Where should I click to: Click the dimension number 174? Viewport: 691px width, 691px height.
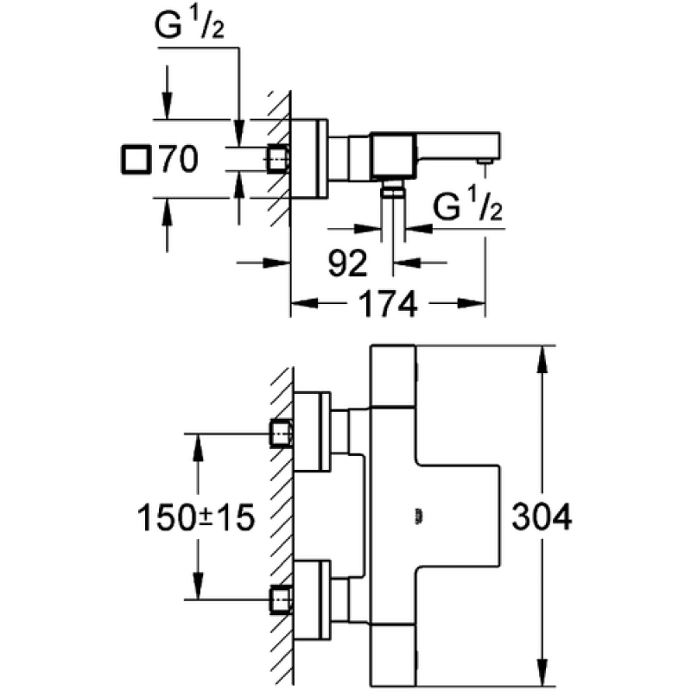[388, 304]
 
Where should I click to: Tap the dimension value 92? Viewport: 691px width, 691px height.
[348, 263]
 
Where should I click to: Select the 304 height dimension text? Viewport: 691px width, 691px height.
[542, 516]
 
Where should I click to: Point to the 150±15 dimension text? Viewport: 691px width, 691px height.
[196, 517]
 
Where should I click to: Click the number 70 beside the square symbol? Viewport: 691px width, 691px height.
[179, 159]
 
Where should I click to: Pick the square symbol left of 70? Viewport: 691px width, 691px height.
[136, 160]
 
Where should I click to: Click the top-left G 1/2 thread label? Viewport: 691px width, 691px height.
[189, 25]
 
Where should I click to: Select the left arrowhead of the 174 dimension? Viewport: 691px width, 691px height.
[304, 303]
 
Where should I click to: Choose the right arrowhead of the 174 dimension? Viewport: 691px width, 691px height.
[471, 303]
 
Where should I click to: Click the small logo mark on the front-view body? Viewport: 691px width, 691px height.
[418, 517]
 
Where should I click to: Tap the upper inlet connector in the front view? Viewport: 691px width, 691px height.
[281, 434]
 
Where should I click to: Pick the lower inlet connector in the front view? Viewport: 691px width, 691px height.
[281, 599]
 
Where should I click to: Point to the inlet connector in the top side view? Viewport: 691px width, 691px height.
[277, 159]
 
